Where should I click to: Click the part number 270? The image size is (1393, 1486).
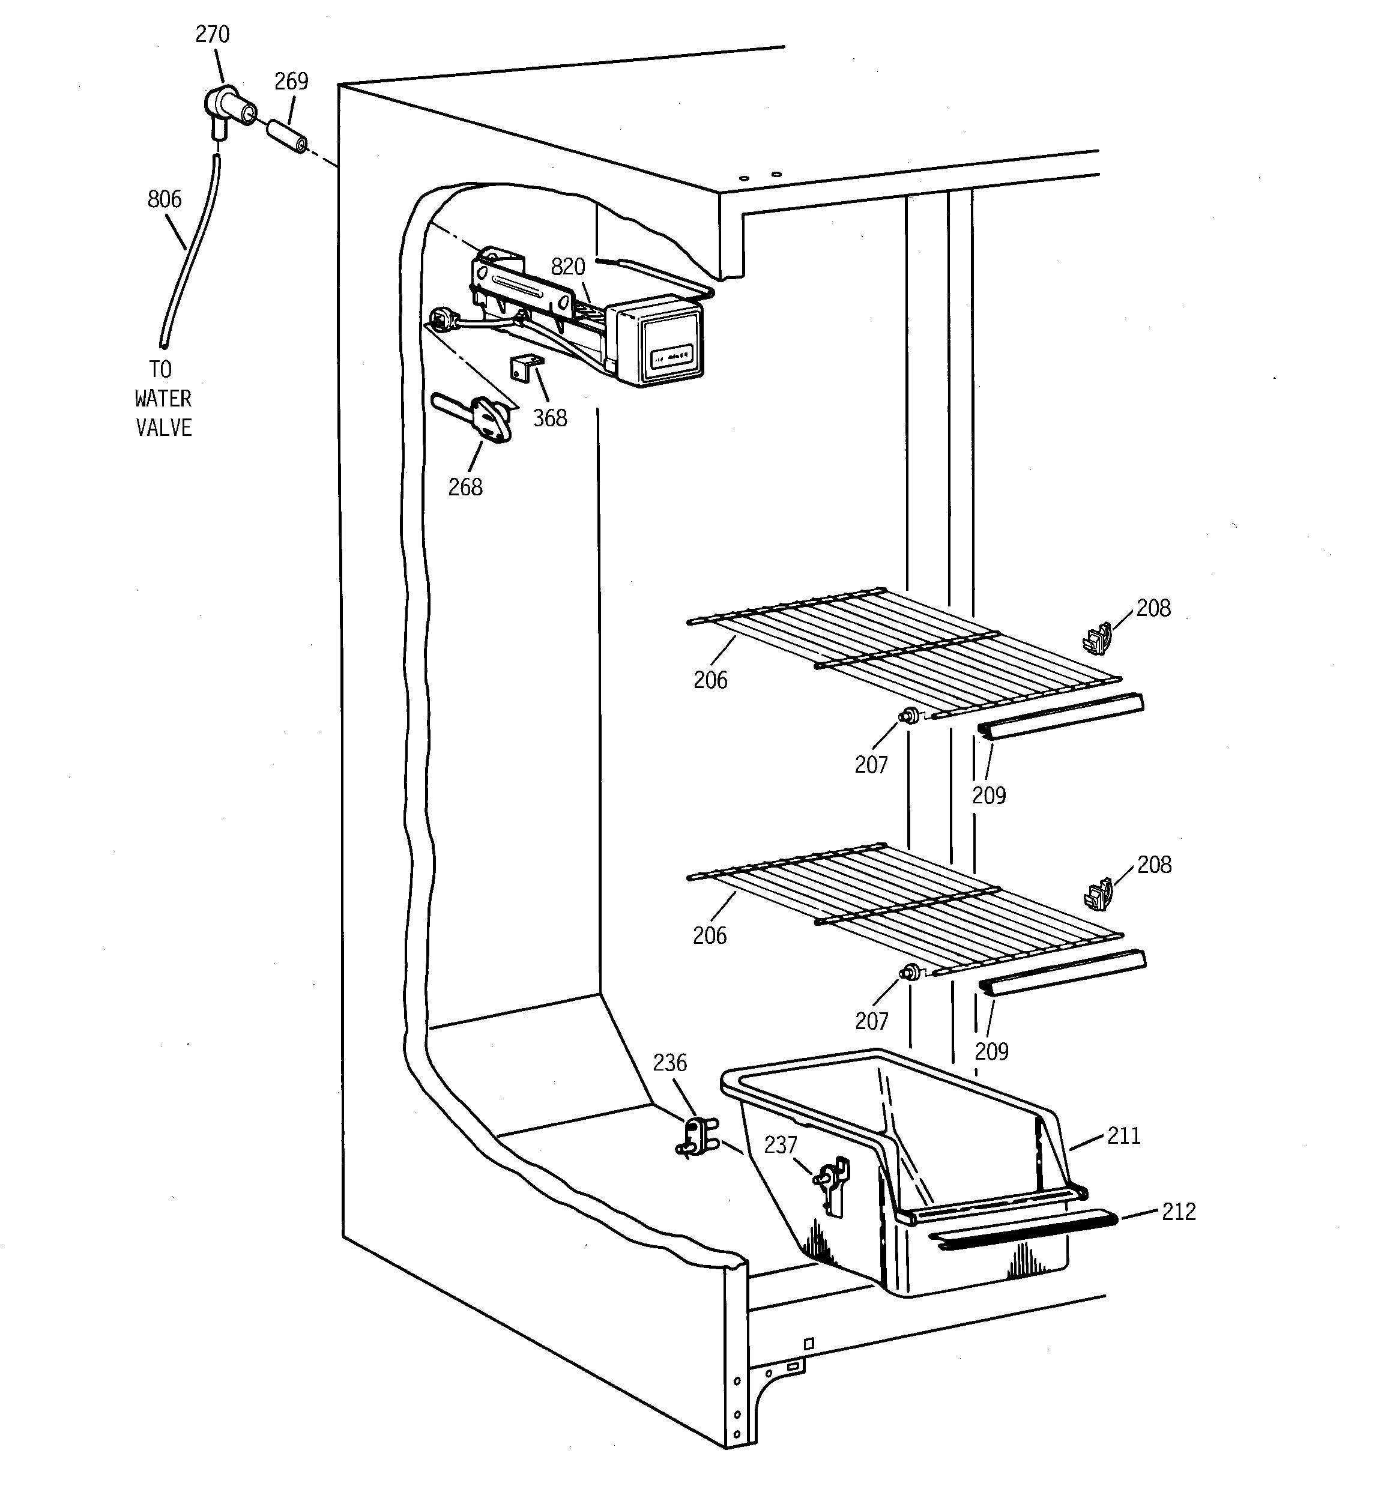pos(213,34)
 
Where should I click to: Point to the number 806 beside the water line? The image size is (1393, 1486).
pos(165,199)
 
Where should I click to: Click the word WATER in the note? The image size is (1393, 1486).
pos(163,399)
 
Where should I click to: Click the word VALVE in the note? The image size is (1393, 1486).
pos(164,427)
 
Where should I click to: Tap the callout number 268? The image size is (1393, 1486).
pos(465,488)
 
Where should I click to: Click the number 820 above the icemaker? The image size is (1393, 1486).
pos(567,267)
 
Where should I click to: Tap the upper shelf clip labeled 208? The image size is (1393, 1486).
pos(1096,638)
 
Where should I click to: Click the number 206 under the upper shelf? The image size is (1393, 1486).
pos(710,680)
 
